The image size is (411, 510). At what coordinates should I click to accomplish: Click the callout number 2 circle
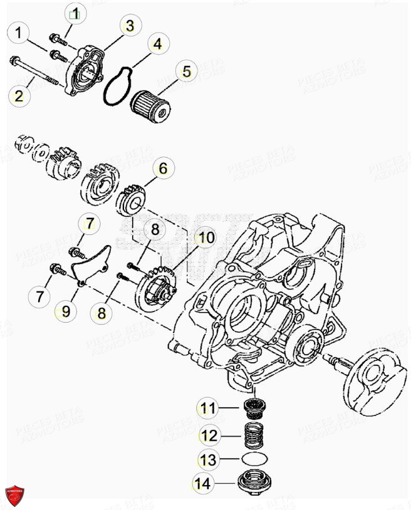click(19, 96)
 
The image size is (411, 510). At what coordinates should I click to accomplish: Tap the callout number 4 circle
click(157, 44)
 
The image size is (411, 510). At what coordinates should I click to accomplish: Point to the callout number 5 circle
click(186, 71)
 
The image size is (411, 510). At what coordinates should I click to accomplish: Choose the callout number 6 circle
click(162, 168)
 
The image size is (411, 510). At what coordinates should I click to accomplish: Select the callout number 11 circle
click(208, 409)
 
